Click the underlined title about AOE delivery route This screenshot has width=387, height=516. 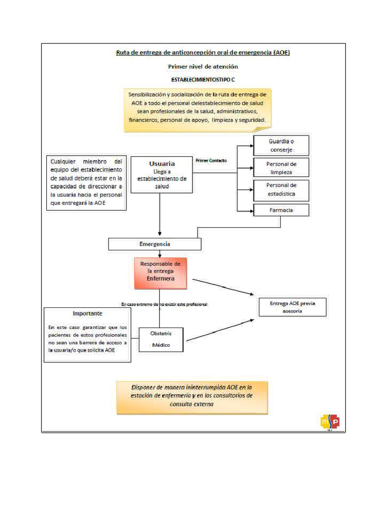click(x=203, y=52)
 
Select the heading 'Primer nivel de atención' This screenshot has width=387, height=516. click(x=203, y=67)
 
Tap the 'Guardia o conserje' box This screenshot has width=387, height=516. click(x=281, y=146)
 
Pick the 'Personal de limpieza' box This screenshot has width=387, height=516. click(x=281, y=167)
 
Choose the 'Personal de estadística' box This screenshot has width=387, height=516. click(x=281, y=190)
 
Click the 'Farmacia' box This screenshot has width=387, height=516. click(x=281, y=210)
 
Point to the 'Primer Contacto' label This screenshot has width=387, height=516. click(x=211, y=161)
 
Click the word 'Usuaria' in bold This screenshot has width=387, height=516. click(x=162, y=164)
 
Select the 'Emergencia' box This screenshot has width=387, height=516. click(x=155, y=244)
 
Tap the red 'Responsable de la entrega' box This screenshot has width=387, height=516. click(x=161, y=273)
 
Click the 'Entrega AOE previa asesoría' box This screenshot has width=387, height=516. click(x=293, y=307)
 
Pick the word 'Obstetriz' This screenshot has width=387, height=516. click(x=161, y=334)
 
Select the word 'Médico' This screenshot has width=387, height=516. click(x=161, y=345)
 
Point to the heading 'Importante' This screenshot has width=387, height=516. click(x=88, y=313)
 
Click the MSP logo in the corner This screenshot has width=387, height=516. click(x=330, y=422)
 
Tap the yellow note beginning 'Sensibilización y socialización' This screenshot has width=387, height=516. click(x=198, y=110)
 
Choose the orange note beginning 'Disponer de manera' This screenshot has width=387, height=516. click(x=192, y=398)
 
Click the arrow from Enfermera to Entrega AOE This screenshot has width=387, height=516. click(x=223, y=287)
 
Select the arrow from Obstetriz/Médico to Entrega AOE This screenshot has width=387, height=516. click(x=220, y=330)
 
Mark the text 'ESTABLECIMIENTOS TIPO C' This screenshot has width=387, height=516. click(x=203, y=80)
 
